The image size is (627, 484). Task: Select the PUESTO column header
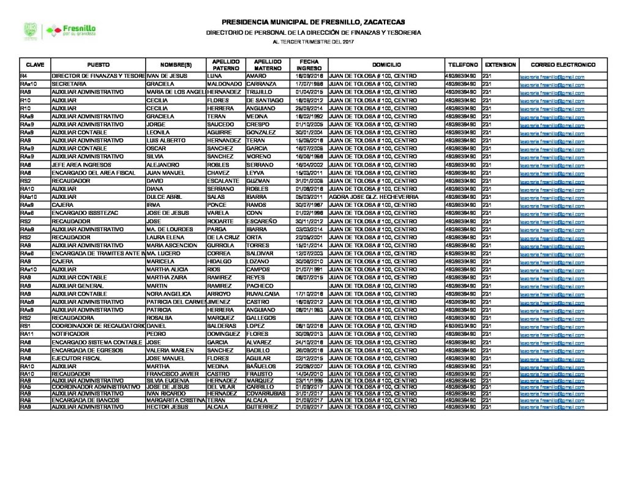coord(98,64)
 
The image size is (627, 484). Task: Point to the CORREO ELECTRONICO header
coord(563,64)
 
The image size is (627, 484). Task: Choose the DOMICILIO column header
coord(386,64)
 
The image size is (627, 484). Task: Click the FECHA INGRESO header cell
coord(309,64)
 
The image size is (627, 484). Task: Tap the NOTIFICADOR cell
coord(69,334)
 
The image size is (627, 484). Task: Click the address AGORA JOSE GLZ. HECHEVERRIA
coord(373,198)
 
